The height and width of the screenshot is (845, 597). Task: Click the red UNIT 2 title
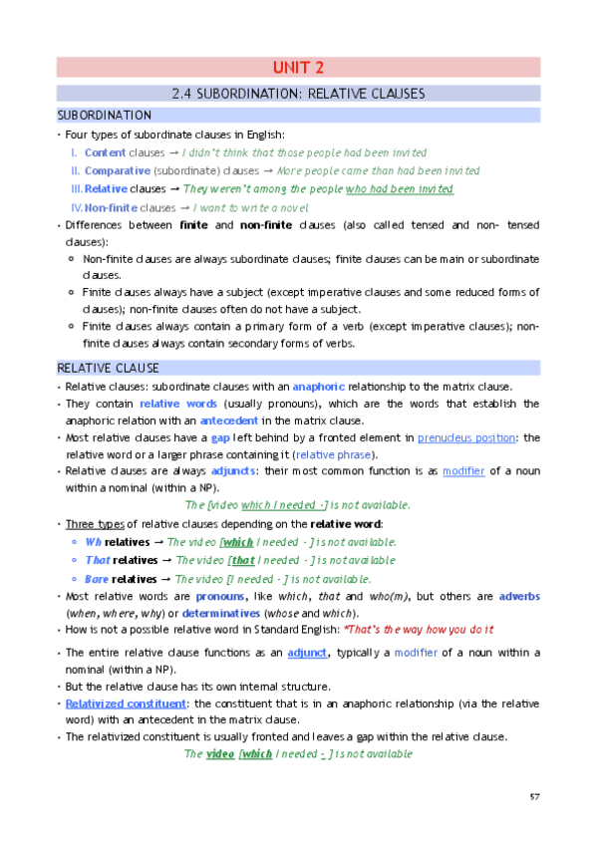(x=298, y=68)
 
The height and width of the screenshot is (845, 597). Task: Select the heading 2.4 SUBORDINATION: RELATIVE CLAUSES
(x=298, y=94)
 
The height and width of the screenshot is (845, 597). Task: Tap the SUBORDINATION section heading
(x=105, y=116)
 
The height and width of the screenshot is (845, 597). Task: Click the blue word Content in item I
(x=105, y=152)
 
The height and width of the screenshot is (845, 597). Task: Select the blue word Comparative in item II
(x=118, y=170)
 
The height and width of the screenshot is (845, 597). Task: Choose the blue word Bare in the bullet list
(x=98, y=578)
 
